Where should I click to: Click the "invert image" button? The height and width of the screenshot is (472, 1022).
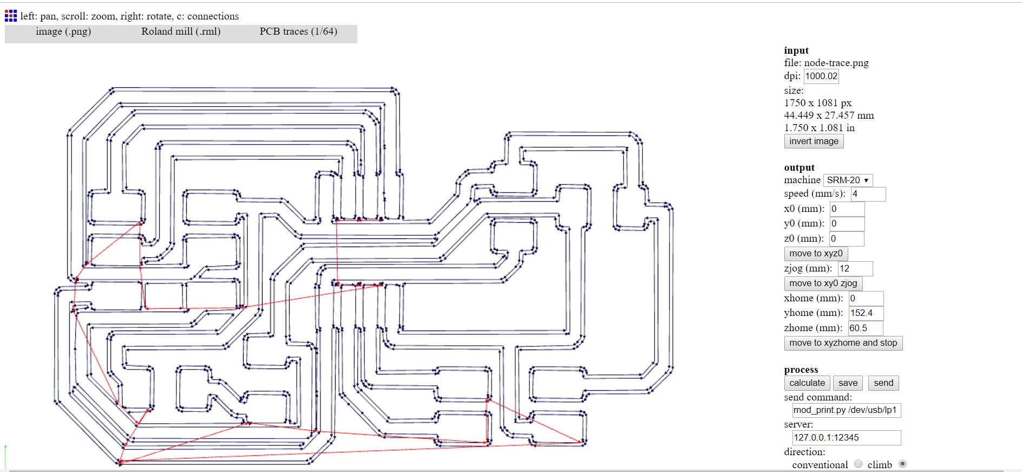(814, 141)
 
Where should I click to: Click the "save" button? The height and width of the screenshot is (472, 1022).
(848, 383)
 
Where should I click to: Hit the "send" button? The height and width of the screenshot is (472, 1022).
(883, 383)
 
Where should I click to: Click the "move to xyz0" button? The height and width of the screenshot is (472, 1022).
(816, 254)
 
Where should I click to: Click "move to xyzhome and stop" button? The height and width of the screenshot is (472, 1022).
(843, 343)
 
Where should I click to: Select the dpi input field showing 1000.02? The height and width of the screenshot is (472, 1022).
(821, 76)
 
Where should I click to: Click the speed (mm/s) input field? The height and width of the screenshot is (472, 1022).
(868, 194)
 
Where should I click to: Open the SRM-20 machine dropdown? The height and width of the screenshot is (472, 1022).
(848, 180)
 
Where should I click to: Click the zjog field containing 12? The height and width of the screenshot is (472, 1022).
(855, 269)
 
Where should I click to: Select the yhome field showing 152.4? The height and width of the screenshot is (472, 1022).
(866, 313)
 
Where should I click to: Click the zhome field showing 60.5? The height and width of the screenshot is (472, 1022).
(865, 328)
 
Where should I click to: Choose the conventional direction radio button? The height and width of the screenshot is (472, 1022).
(858, 464)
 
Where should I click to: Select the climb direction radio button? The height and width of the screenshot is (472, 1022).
(902, 464)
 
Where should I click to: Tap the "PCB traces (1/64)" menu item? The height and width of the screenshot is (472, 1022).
(298, 31)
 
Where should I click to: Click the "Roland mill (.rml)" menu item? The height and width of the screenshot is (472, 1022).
(181, 31)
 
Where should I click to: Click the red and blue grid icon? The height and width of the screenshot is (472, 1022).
(11, 16)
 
